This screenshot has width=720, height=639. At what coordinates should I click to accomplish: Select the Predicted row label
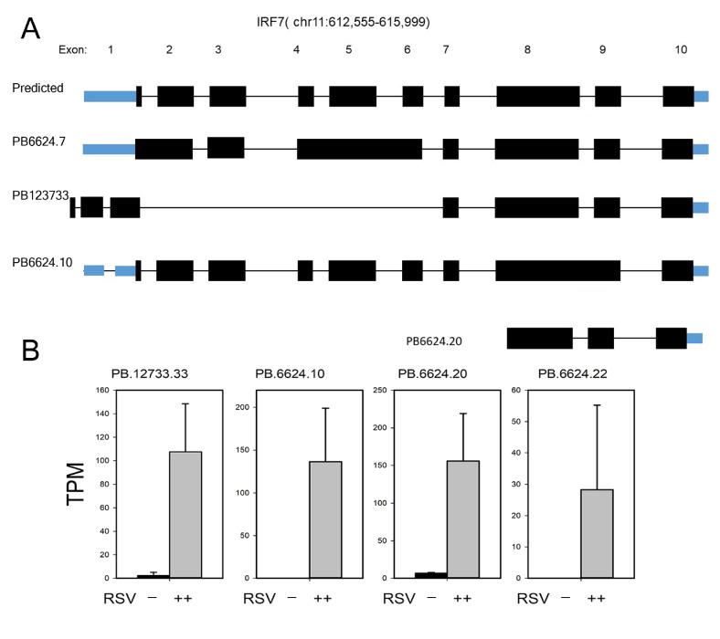[37, 88]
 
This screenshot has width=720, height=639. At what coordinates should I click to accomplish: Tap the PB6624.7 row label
[38, 142]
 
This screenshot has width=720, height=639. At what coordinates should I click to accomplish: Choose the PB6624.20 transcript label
[434, 341]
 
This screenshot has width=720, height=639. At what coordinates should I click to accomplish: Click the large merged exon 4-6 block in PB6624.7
[359, 149]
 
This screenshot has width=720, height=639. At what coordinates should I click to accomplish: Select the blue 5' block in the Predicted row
[109, 96]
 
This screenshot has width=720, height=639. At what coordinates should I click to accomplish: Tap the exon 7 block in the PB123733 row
[450, 207]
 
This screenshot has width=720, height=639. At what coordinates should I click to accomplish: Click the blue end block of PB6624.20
[694, 339]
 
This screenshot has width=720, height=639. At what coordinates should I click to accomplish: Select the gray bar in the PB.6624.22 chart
[596, 533]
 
